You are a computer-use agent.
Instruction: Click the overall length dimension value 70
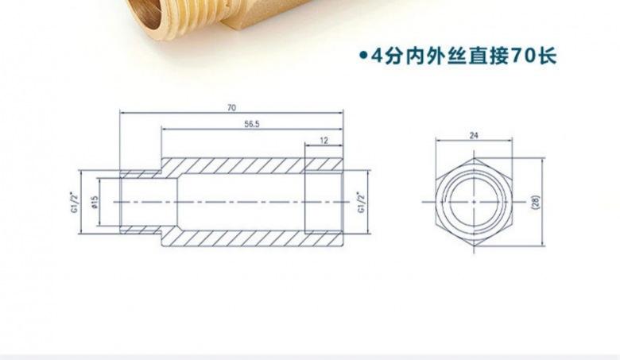pos(231,106)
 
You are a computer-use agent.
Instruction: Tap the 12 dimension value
pos(324,140)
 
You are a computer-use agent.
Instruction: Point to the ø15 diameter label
pos(95,202)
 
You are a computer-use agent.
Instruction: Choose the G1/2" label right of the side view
pos(361,202)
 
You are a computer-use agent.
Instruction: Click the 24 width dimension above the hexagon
pos(475,136)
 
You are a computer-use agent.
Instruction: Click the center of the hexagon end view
pos(475,202)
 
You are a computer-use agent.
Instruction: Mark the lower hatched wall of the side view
pos(238,239)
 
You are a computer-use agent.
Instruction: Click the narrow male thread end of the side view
pos(140,202)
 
